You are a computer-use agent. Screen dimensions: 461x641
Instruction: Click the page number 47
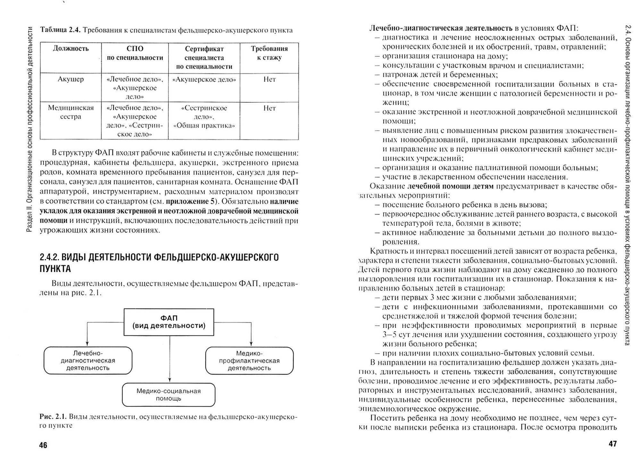[x=612, y=444]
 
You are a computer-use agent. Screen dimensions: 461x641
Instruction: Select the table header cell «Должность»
[x=71, y=49]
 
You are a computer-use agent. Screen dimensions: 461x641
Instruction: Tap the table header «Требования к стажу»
[x=269, y=53]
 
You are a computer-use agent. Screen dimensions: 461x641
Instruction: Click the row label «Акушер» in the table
[x=71, y=79]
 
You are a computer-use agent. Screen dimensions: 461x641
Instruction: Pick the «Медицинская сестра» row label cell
[x=71, y=112]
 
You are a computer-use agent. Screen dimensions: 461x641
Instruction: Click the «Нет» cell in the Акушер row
[x=269, y=79]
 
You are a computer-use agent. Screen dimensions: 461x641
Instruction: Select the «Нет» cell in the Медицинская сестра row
[x=269, y=108]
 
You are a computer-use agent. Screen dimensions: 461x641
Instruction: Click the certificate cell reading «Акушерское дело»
[x=204, y=80]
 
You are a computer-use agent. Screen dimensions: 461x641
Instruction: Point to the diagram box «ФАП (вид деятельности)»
[x=169, y=322]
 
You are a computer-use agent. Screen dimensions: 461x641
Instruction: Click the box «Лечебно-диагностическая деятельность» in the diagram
[x=88, y=360]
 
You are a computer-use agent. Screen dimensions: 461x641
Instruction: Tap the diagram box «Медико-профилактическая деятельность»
[x=249, y=360]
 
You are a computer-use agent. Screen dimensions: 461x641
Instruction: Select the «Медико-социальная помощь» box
[x=169, y=395]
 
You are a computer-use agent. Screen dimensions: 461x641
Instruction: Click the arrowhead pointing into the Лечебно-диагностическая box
[x=87, y=344]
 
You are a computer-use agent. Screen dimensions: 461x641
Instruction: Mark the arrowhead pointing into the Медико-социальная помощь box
[x=169, y=381]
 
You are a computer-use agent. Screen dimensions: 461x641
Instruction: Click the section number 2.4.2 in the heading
[x=49, y=257]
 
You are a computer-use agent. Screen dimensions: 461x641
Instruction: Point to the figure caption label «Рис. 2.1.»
[x=53, y=417]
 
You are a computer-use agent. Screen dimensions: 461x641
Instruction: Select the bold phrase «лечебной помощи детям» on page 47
[x=451, y=186]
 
